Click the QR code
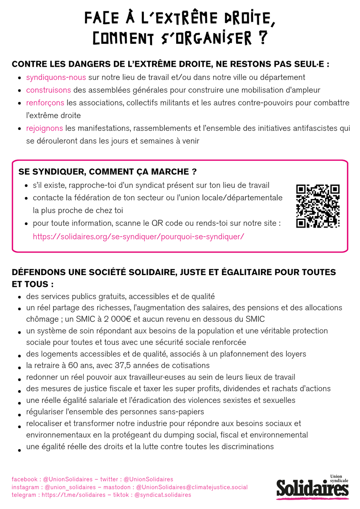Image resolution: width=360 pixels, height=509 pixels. point(318,206)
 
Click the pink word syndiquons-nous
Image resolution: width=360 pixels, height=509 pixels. point(56,77)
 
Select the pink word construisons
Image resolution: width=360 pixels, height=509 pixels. point(48,90)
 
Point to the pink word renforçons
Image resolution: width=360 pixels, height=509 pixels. point(45,103)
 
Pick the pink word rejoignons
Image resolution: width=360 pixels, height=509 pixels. point(45,128)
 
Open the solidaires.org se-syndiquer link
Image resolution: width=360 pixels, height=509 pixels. point(138,236)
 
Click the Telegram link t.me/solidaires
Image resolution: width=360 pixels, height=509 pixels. point(70,495)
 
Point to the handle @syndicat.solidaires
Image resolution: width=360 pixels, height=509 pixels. point(163,495)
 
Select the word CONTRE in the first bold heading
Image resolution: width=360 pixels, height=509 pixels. point(26,65)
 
